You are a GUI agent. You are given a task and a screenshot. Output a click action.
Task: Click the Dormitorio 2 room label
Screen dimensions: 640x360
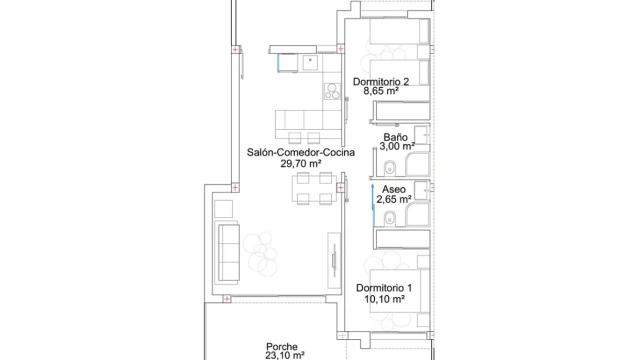[x=381, y=82]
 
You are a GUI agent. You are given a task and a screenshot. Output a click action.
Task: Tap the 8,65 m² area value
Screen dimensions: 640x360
[x=381, y=91]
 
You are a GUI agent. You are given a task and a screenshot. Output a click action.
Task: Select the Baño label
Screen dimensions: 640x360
[x=395, y=137]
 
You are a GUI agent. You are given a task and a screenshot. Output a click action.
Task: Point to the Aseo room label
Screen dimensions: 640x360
[x=394, y=189]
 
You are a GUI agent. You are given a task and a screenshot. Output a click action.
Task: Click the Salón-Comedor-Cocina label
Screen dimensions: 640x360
[x=301, y=153]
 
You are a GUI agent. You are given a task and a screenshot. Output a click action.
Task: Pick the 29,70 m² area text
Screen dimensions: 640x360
[x=301, y=164]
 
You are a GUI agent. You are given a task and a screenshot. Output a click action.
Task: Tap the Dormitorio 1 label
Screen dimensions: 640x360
[x=384, y=288]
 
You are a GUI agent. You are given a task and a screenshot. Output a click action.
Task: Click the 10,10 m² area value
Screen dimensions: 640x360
[x=384, y=299]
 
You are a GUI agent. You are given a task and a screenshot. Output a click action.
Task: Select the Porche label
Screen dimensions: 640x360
[x=282, y=347]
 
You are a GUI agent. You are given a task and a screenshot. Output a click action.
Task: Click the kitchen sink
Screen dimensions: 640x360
[x=310, y=62]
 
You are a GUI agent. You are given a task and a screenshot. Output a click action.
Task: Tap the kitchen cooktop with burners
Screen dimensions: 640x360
[x=332, y=91]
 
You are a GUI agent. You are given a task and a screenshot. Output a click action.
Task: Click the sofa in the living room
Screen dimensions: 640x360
[x=229, y=252]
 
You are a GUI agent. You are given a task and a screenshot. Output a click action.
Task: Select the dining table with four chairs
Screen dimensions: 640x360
[x=314, y=188]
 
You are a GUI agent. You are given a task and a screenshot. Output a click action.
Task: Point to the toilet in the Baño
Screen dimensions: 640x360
[x=390, y=167]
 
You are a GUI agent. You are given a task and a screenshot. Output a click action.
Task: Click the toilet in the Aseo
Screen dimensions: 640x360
[x=390, y=218]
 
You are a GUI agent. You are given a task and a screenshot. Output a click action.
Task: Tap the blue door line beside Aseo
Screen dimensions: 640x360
[x=373, y=205]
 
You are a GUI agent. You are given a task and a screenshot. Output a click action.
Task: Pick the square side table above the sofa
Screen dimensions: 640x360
[x=223, y=209]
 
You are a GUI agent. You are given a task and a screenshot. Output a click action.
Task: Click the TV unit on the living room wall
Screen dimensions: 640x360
[x=334, y=260]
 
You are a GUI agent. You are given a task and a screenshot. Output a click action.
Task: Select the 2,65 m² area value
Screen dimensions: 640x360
[x=393, y=200]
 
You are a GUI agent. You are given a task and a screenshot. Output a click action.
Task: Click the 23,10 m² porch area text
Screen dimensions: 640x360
[x=285, y=356]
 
